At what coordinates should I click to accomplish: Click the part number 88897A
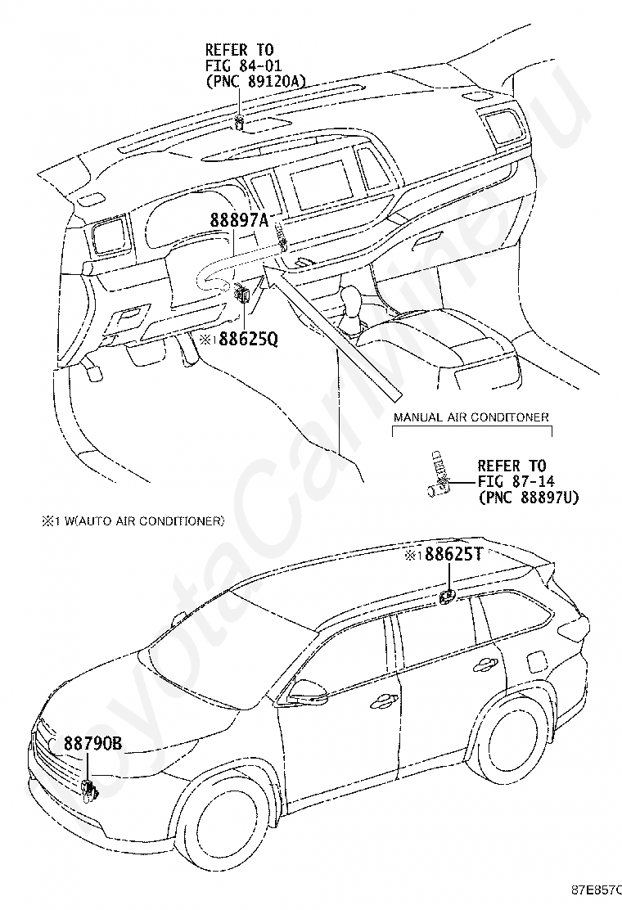(x=239, y=219)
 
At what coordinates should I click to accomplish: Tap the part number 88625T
(x=453, y=555)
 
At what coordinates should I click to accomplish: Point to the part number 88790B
(x=92, y=744)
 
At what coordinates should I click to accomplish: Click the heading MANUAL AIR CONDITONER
(x=471, y=417)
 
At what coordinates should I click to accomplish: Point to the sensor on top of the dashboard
(x=239, y=124)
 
